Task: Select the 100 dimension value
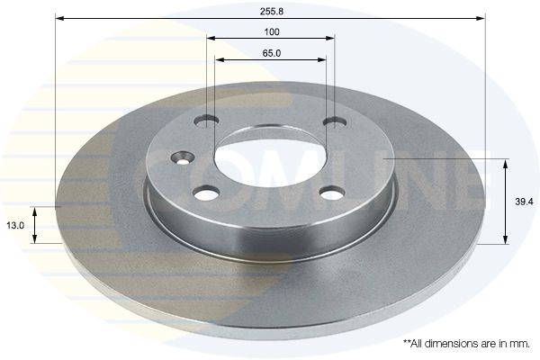point(272,31)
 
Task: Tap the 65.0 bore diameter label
point(272,53)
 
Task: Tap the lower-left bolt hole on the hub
point(207,193)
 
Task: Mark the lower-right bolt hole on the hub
point(332,193)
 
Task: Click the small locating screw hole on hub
point(184,157)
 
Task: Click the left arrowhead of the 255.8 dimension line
point(60,18)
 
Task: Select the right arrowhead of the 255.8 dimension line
point(481,18)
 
